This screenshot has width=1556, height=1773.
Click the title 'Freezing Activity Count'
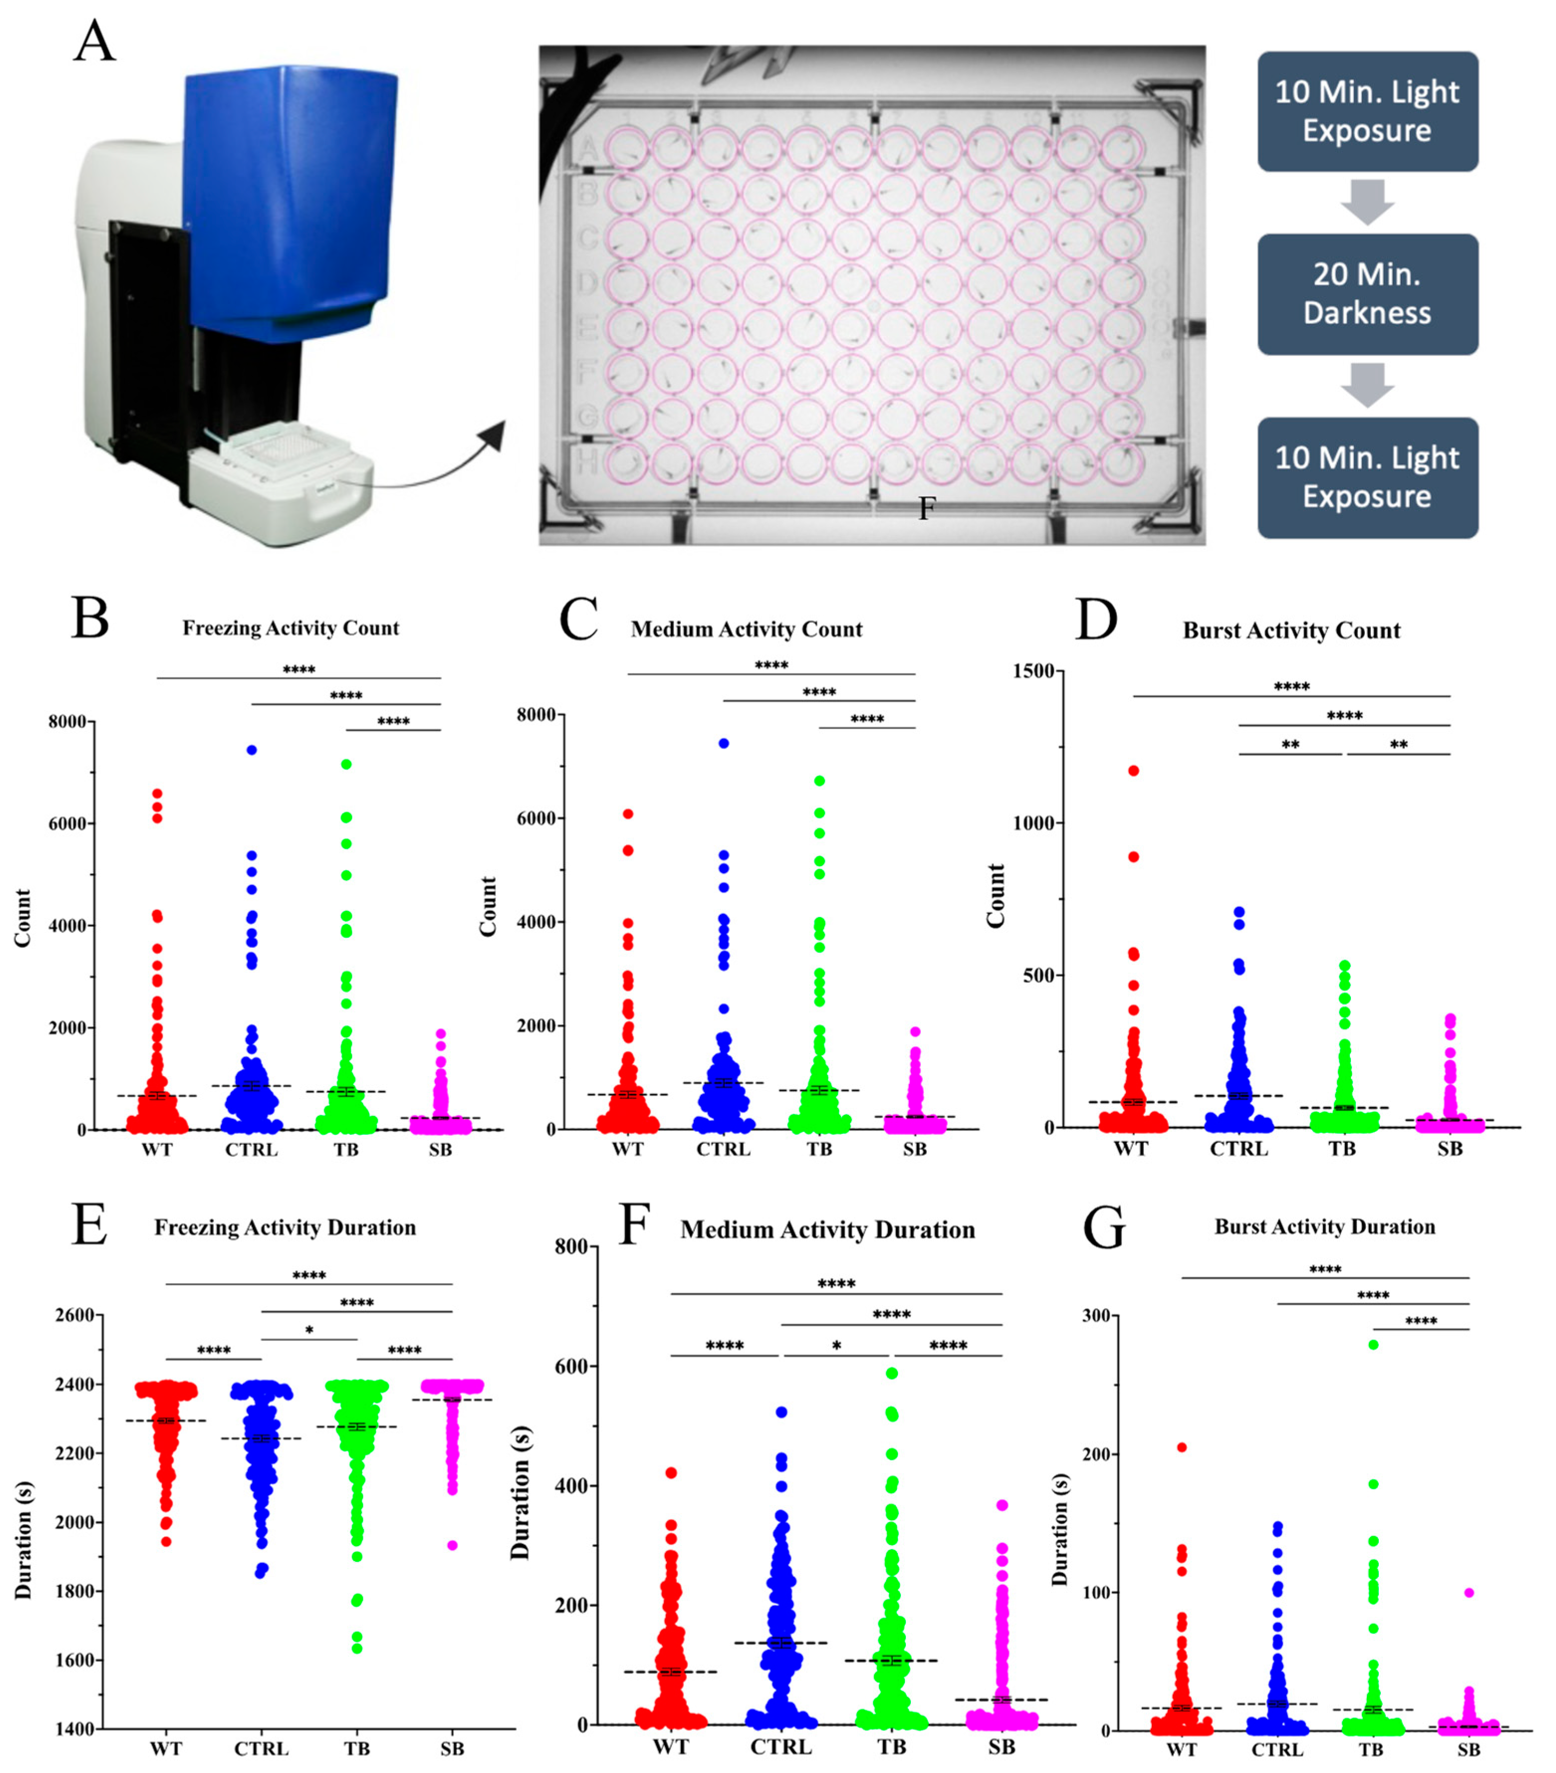[291, 628]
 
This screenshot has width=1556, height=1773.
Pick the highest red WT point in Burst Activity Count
[1133, 770]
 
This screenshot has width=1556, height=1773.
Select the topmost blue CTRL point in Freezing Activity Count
[251, 750]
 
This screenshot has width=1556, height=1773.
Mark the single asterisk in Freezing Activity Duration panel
[309, 1330]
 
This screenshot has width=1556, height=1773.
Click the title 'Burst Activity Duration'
[1325, 1226]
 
